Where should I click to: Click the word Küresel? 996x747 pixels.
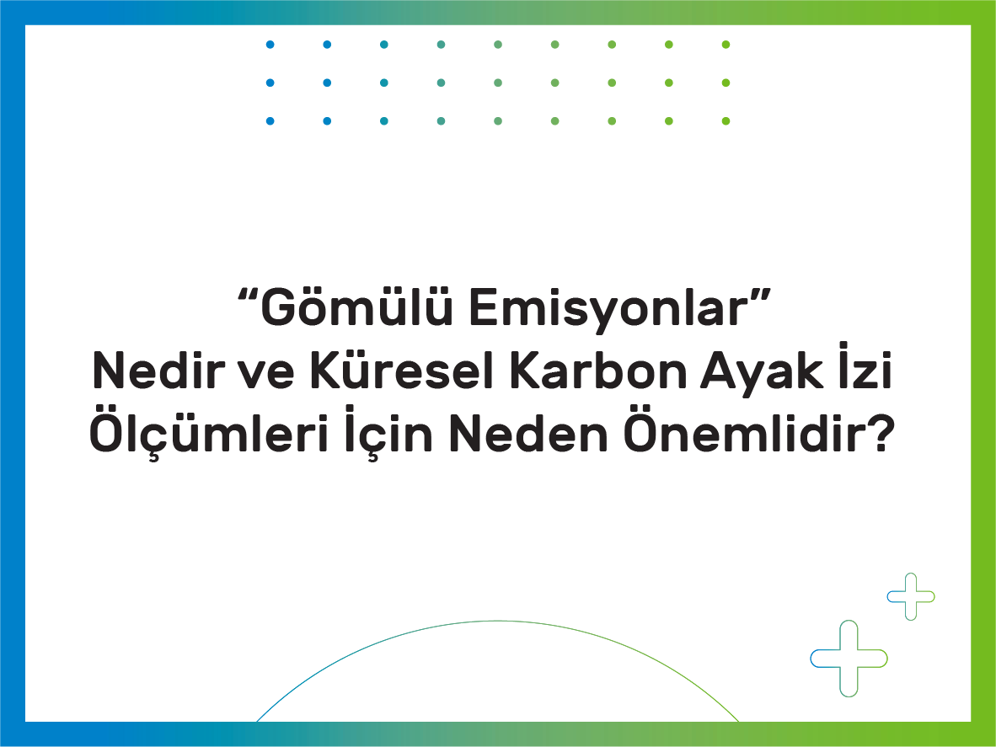(x=401, y=370)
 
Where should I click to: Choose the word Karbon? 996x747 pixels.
(x=599, y=370)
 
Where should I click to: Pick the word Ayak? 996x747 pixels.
(x=762, y=373)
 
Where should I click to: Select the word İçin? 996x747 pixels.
(x=388, y=431)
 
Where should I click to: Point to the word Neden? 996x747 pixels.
(x=528, y=433)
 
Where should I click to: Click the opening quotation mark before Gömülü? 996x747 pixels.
(x=249, y=295)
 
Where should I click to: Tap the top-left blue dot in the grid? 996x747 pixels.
(x=270, y=45)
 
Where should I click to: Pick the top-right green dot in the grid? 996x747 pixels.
(x=726, y=45)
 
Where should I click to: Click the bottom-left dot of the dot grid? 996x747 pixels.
(x=270, y=120)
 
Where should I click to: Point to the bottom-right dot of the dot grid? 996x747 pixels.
(x=726, y=120)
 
